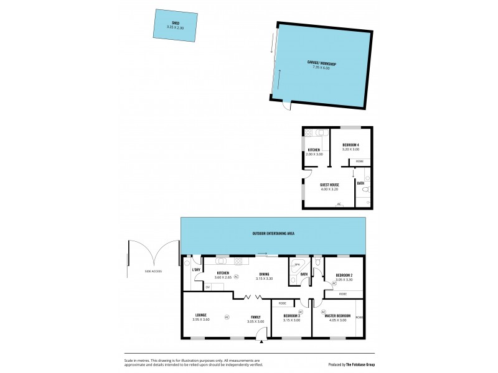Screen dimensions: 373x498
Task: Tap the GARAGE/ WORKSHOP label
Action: (x=321, y=63)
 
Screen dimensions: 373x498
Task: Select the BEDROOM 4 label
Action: (x=351, y=145)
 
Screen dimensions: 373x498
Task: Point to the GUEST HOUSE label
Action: (x=330, y=185)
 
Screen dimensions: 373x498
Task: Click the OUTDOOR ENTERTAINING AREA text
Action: (x=273, y=233)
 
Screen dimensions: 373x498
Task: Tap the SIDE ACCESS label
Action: (x=154, y=272)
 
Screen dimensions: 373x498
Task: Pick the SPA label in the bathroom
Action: (x=297, y=264)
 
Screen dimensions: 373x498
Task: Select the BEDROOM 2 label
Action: (x=344, y=275)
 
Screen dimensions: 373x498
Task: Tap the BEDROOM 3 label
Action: (x=291, y=316)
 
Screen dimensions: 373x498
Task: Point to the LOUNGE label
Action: (x=200, y=315)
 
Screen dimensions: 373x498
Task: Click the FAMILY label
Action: (x=256, y=316)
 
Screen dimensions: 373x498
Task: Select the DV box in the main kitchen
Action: (x=209, y=287)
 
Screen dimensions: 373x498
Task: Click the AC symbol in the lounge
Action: (x=228, y=317)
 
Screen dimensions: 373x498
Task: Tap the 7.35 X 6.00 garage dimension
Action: (x=321, y=68)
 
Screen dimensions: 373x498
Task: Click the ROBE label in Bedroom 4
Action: (x=360, y=162)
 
